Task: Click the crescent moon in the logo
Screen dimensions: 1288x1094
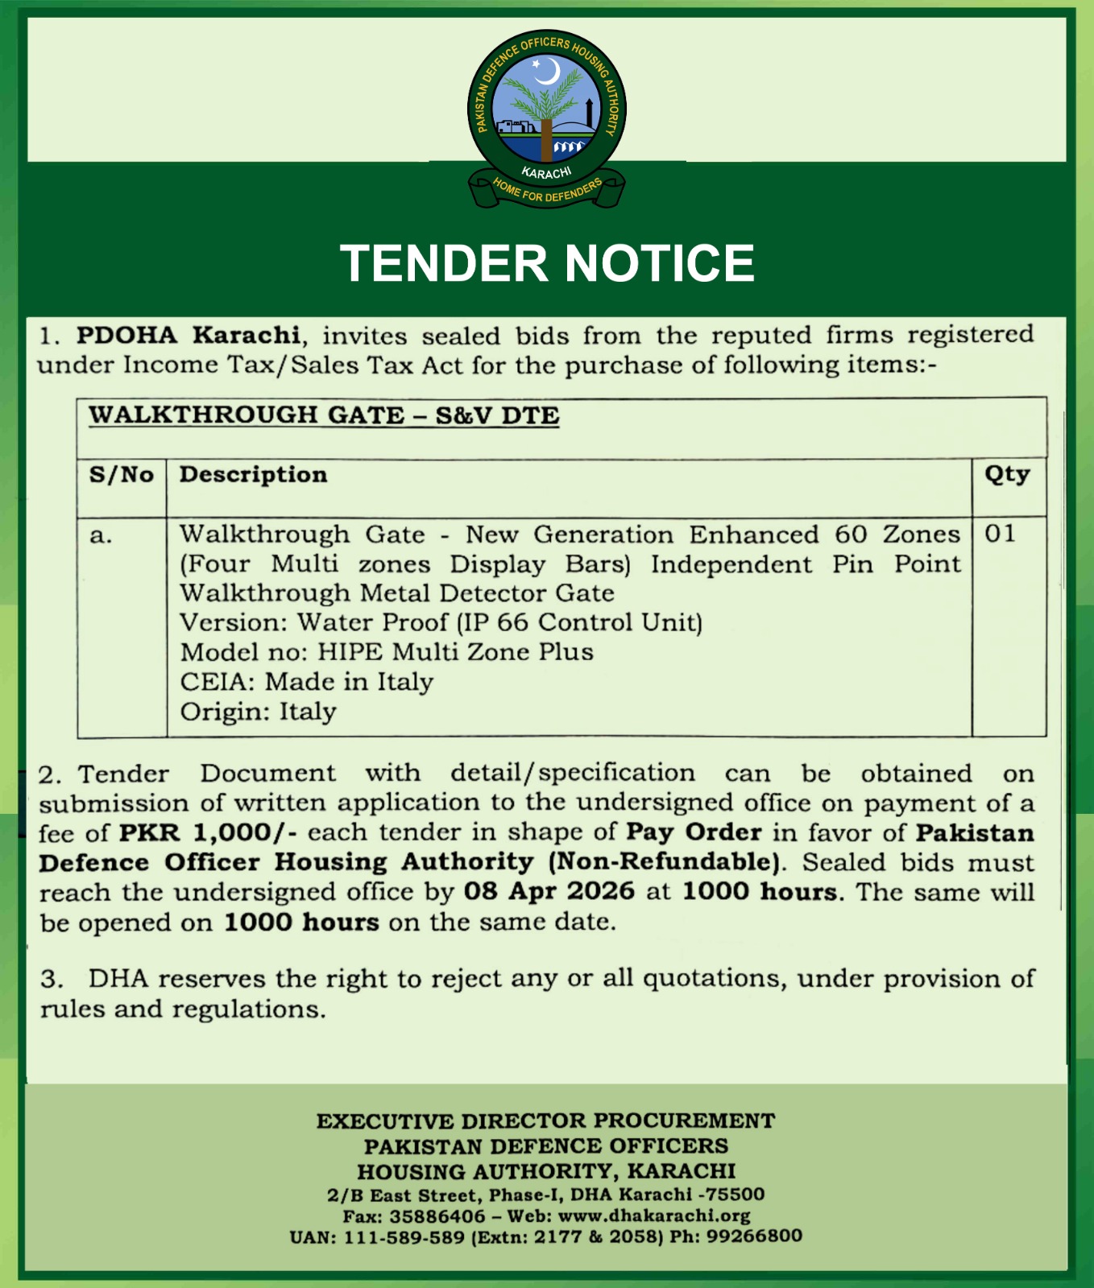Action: [548, 72]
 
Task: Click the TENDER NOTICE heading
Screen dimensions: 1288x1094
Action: [547, 263]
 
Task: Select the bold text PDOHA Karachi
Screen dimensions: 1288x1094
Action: [189, 335]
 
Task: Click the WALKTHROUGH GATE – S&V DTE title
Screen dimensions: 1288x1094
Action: [324, 415]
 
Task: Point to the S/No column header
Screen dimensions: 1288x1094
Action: [121, 475]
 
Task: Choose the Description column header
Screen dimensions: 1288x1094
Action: [253, 475]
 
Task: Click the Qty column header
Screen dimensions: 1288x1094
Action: [1007, 475]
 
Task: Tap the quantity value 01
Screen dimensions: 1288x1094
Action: [1000, 534]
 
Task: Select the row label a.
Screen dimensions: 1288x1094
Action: [101, 535]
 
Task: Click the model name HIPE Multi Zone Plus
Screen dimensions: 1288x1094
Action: [455, 652]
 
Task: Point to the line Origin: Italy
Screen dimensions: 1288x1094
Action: [258, 712]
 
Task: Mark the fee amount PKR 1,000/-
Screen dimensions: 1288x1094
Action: [208, 832]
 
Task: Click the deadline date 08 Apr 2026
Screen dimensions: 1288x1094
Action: [549, 891]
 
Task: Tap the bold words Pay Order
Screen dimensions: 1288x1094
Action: [694, 832]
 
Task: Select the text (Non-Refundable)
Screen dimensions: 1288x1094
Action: [664, 862]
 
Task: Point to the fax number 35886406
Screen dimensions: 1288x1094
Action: [437, 1216]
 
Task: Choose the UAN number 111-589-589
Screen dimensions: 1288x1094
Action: [404, 1236]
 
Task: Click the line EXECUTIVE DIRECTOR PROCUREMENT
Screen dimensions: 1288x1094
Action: [546, 1121]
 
